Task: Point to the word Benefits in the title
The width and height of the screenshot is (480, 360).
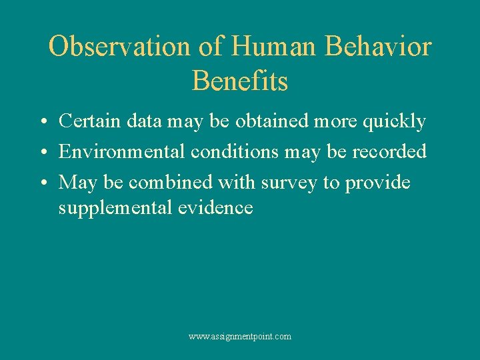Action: (240, 81)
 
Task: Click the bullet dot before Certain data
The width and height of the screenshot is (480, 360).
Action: (42, 123)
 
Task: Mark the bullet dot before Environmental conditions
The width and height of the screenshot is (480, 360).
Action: (42, 153)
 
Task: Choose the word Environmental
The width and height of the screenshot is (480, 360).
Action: (122, 151)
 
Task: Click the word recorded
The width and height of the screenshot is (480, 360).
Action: (389, 151)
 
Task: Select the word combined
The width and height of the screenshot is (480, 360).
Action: (185, 182)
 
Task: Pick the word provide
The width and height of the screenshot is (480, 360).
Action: (377, 182)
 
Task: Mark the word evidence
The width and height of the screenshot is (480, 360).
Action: (215, 208)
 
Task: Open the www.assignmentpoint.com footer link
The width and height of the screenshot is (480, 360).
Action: (240, 337)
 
